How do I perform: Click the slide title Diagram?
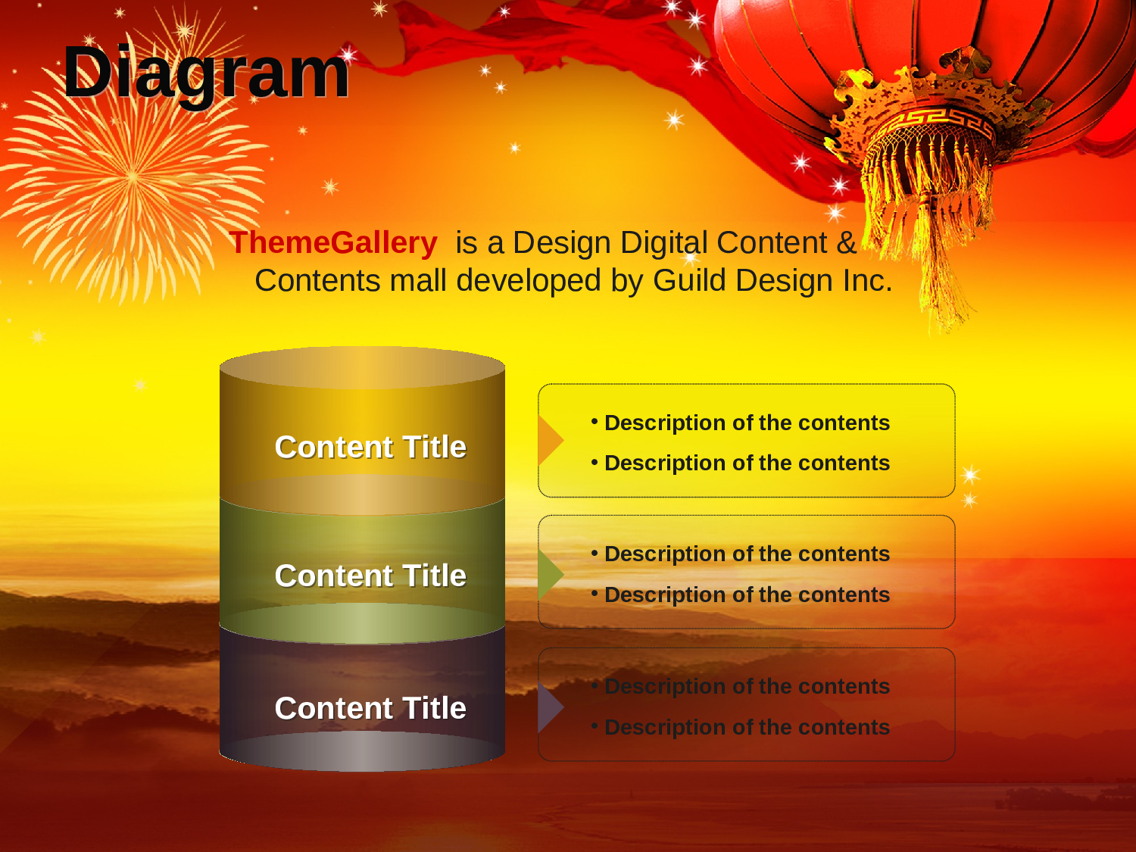coord(206,73)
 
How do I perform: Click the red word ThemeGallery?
coord(332,242)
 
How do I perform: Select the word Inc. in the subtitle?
coord(867,280)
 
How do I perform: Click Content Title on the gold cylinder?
coord(370,446)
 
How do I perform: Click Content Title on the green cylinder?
coord(370,576)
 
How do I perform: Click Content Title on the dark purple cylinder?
coord(370,707)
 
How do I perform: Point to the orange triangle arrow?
coord(550,440)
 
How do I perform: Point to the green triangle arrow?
coord(550,574)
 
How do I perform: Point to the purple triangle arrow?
coord(550,707)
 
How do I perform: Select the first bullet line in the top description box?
coord(741,423)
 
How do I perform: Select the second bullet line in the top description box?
coord(741,463)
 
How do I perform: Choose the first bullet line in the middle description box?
coord(741,554)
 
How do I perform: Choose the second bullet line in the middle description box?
coord(741,595)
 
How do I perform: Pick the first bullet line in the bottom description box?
coord(741,686)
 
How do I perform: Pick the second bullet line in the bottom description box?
coord(741,727)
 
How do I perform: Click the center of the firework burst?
coord(133,176)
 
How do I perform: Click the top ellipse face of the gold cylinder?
coord(362,367)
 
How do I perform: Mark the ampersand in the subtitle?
coord(847,242)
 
